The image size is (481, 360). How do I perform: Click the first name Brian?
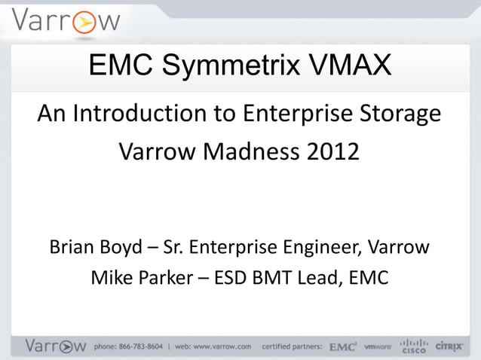[72, 247]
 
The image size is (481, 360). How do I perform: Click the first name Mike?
[112, 279]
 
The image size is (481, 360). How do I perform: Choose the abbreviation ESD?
[240, 279]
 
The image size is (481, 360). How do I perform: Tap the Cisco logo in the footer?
[412, 345]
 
